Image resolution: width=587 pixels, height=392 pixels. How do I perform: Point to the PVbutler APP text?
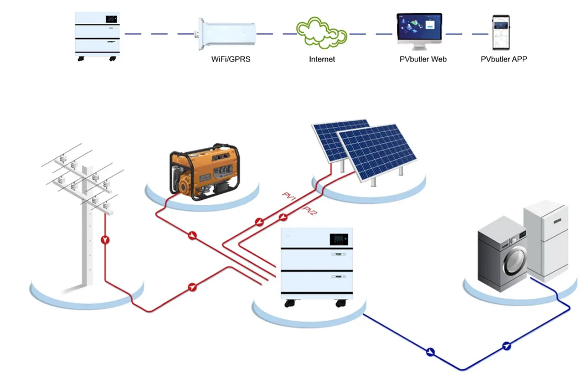click(x=503, y=59)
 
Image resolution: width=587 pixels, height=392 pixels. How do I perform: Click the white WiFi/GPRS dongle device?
click(x=226, y=33)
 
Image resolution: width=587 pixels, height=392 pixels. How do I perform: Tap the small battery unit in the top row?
click(x=98, y=34)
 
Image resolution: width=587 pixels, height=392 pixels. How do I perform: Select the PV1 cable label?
click(x=289, y=197)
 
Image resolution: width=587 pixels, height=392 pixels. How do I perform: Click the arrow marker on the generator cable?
click(x=192, y=235)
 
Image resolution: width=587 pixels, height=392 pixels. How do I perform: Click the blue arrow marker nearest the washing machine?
click(x=506, y=346)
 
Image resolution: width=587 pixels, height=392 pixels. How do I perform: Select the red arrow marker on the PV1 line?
click(x=259, y=223)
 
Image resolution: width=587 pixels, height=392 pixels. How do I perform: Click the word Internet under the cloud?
click(x=322, y=59)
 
